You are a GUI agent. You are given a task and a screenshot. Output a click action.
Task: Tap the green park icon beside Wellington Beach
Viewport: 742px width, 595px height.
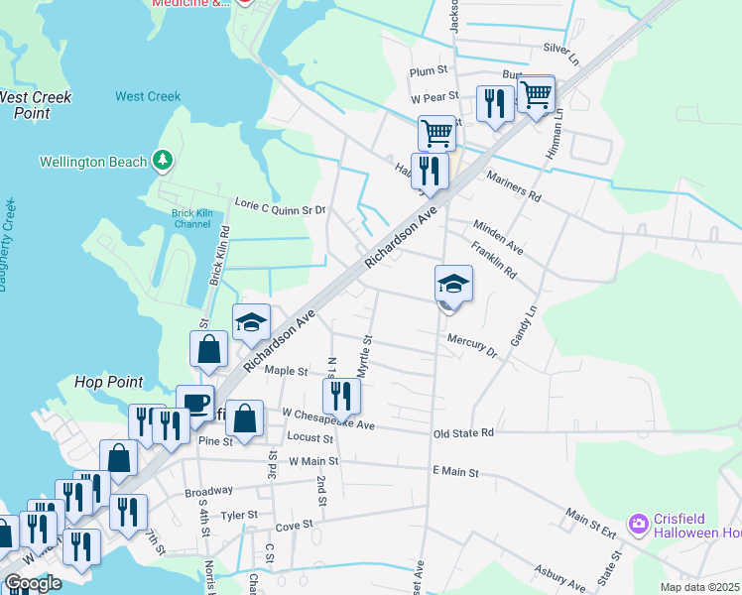click(164, 161)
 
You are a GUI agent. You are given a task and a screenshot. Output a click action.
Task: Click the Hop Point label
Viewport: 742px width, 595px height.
click(109, 382)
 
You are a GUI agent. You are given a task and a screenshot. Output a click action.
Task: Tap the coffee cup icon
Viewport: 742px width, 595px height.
click(195, 402)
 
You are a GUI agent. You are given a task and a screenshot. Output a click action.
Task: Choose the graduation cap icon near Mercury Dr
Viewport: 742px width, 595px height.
click(453, 284)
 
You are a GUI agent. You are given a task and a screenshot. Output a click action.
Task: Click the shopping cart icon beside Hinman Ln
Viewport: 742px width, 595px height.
click(536, 94)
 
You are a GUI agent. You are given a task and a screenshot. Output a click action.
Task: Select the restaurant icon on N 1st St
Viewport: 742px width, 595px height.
click(341, 396)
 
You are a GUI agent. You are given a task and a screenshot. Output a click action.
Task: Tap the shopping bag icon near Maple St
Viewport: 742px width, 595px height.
click(209, 348)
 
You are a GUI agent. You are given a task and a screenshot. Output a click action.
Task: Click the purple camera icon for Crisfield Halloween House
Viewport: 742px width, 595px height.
click(639, 523)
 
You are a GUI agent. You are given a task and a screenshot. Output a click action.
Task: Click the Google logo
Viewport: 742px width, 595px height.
click(33, 582)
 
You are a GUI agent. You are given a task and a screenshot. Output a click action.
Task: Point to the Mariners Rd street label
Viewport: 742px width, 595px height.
click(513, 185)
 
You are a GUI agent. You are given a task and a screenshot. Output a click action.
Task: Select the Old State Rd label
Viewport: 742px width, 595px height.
click(463, 433)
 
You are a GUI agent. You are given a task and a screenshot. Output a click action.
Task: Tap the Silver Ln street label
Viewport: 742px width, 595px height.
click(560, 49)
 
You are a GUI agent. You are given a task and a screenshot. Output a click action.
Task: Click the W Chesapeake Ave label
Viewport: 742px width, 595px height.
click(327, 418)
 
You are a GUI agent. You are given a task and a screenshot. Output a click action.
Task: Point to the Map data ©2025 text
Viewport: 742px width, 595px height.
click(700, 587)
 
